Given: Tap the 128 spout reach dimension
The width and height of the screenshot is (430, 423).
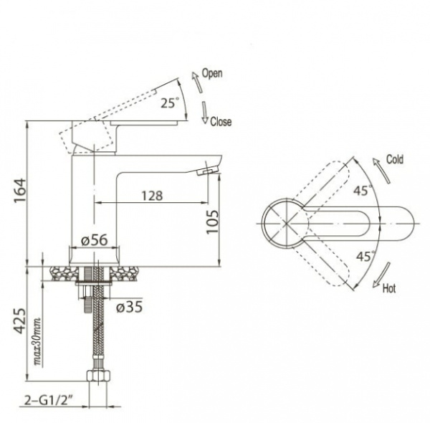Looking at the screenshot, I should click(x=150, y=195).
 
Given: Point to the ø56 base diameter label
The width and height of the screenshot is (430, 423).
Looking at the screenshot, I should click(x=95, y=241).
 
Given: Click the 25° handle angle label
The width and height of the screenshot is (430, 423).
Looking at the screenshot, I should click(x=169, y=103).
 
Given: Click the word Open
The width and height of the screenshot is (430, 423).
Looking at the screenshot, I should click(x=212, y=73).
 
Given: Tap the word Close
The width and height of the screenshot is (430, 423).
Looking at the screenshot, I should click(x=221, y=122).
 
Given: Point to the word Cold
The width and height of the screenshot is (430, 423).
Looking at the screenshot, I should click(x=394, y=159).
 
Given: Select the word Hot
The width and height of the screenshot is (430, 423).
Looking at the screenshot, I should click(x=389, y=289).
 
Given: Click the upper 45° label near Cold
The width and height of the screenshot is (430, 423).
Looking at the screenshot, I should click(x=363, y=191).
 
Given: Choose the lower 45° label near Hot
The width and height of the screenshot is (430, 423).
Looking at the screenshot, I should click(x=365, y=257).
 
